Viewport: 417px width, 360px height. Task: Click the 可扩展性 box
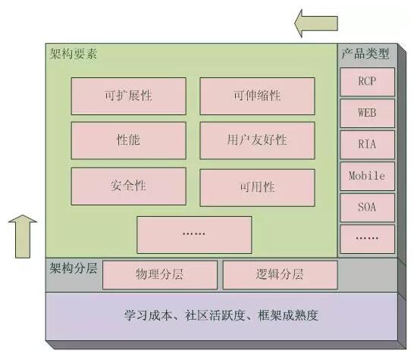point(128,96)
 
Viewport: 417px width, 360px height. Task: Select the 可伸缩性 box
point(257,96)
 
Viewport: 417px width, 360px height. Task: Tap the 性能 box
point(128,140)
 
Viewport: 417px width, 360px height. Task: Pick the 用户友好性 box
point(257,140)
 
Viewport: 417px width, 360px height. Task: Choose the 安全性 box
point(128,186)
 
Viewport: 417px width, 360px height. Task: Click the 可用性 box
point(257,187)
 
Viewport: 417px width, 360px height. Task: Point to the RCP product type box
point(367,82)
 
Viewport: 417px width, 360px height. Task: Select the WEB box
point(367,113)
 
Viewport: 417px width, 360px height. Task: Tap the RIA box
point(367,145)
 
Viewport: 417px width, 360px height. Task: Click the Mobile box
point(367,176)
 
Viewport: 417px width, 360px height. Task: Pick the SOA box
point(367,208)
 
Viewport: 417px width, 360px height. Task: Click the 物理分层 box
point(159,274)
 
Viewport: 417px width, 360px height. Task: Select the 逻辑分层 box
point(280,274)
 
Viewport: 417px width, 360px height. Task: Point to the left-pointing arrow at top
point(316,23)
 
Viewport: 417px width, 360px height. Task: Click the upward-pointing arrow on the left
point(23,236)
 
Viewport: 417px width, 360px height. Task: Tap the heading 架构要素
point(73,55)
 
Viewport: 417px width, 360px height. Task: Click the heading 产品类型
point(365,54)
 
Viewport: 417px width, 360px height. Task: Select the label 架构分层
point(73,268)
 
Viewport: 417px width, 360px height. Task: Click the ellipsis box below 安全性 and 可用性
point(194,234)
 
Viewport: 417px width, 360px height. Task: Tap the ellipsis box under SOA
point(367,239)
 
